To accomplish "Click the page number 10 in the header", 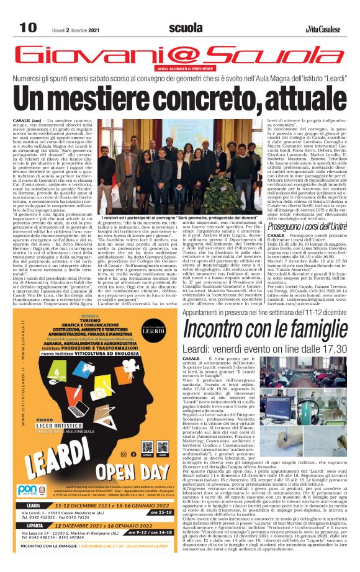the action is coord(28,27).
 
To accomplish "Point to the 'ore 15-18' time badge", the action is coord(160,512).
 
